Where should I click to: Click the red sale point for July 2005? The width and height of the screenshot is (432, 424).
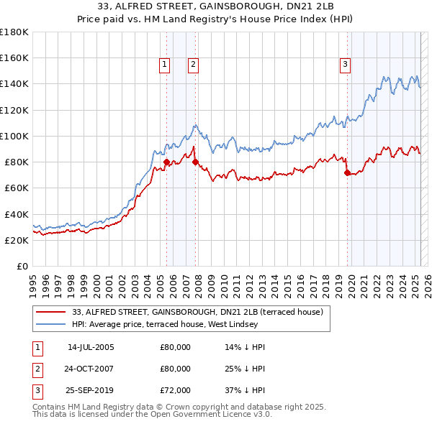[x=166, y=162]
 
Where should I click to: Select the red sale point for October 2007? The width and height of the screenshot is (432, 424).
[x=195, y=162]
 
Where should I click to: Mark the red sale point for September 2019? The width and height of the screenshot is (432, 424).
[x=347, y=172]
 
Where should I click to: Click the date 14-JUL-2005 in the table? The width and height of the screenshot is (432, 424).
[x=91, y=347]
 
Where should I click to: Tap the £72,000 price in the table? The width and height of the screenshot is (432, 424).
[x=175, y=390]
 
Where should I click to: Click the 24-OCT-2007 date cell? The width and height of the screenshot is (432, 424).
[x=91, y=369]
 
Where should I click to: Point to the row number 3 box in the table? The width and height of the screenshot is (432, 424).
[x=35, y=390]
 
